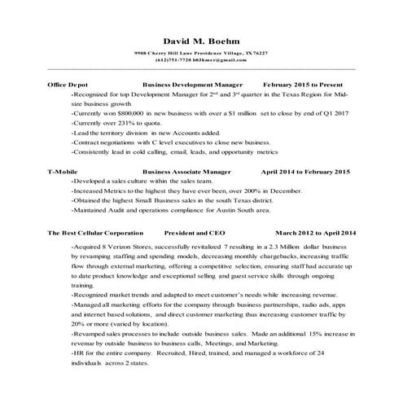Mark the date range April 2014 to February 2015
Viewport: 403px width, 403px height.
click(x=305, y=172)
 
